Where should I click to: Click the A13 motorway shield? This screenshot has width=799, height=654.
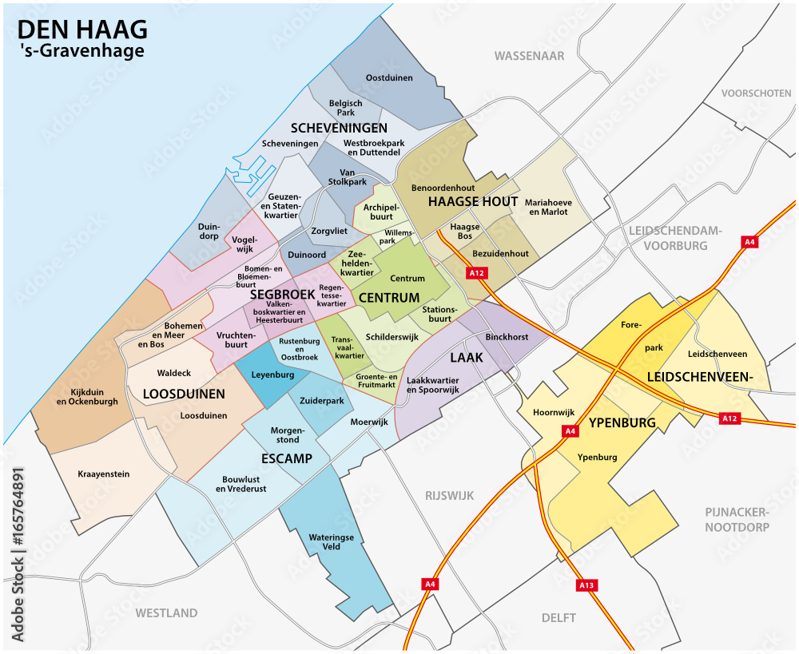(x=586, y=585)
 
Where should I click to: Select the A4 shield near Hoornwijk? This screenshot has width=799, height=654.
(x=570, y=431)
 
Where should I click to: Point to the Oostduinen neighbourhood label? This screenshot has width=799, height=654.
(x=388, y=78)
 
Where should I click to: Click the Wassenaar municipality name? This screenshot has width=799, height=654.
(x=529, y=56)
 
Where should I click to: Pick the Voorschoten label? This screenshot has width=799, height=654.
(x=756, y=93)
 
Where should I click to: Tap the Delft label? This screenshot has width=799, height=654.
(x=559, y=618)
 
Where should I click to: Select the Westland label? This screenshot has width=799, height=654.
(x=166, y=613)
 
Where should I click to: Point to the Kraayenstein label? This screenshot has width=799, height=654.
(x=103, y=474)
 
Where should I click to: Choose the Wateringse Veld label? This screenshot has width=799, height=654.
(x=331, y=543)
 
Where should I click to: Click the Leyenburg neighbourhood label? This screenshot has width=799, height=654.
(x=273, y=374)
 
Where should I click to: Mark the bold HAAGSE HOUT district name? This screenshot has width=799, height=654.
(x=473, y=202)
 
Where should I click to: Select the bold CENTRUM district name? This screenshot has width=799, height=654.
(x=389, y=298)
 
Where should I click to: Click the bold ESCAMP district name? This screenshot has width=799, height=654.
(x=286, y=458)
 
